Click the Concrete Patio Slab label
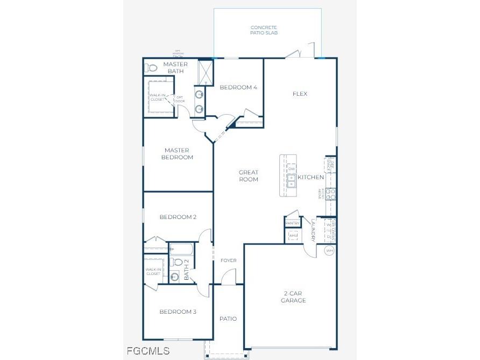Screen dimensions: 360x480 tap(264, 30)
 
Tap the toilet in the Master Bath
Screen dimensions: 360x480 tap(151, 68)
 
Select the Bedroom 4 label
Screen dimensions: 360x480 tap(238, 88)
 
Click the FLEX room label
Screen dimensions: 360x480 tap(300, 94)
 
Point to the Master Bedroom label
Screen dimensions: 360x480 tap(179, 154)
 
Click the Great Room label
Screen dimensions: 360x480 tap(249, 176)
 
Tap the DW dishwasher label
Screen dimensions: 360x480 tap(292, 169)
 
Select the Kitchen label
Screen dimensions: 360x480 tap(311, 177)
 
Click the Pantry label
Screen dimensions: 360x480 tap(292, 223)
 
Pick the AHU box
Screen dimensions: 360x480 tap(293, 236)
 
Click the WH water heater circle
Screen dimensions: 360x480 tap(329, 250)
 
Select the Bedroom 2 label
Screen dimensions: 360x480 tap(178, 217)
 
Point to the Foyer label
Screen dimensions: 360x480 tap(229, 260)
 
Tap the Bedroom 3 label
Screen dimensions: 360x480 tap(178, 312)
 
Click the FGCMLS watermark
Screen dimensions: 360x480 tap(148, 351)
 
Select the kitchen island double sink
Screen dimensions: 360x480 tap(292, 181)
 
